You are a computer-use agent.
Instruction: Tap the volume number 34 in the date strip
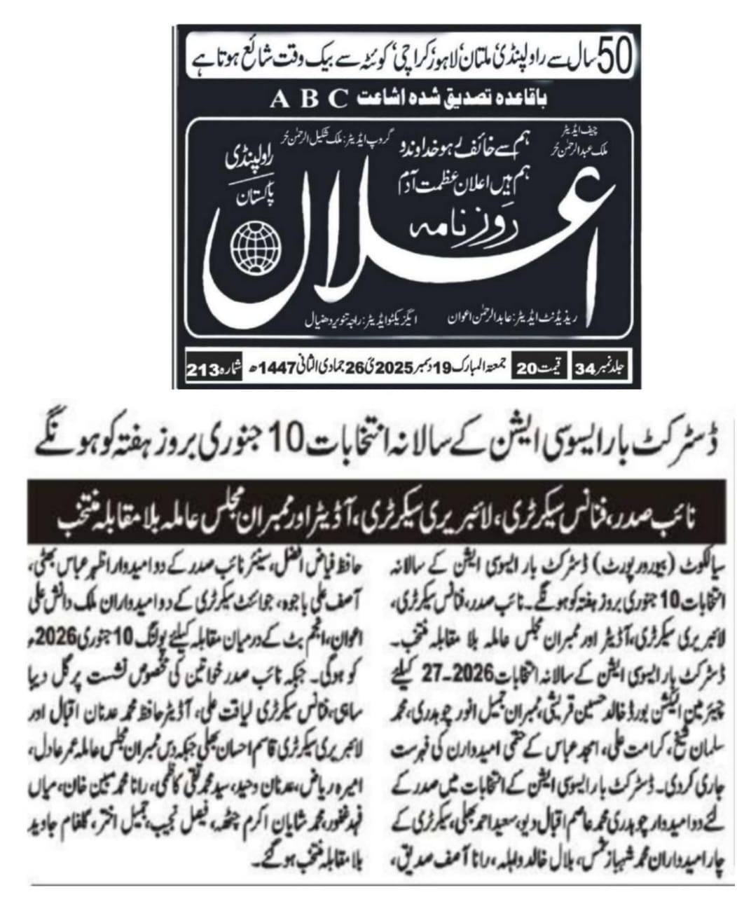[584, 367]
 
